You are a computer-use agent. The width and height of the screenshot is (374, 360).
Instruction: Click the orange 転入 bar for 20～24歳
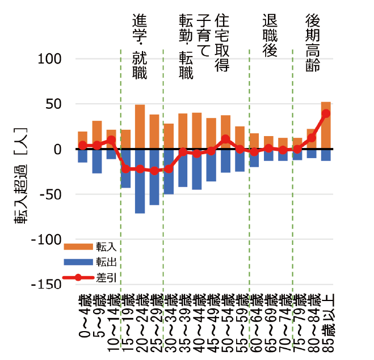(x=140, y=126)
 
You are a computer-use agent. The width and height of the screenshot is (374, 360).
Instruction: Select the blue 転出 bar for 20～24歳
(x=140, y=181)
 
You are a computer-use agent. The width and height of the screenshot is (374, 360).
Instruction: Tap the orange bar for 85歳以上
(x=326, y=125)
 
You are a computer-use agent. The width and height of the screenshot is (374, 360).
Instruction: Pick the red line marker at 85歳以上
(x=326, y=113)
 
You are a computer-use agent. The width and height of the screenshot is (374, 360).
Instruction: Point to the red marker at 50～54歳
(x=225, y=138)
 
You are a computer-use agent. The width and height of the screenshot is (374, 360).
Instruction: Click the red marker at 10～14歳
(x=111, y=139)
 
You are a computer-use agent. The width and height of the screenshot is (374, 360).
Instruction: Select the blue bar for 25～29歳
(x=154, y=177)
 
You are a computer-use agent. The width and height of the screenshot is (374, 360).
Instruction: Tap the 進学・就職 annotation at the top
(x=139, y=45)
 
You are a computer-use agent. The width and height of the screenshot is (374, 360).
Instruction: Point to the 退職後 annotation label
(x=270, y=35)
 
